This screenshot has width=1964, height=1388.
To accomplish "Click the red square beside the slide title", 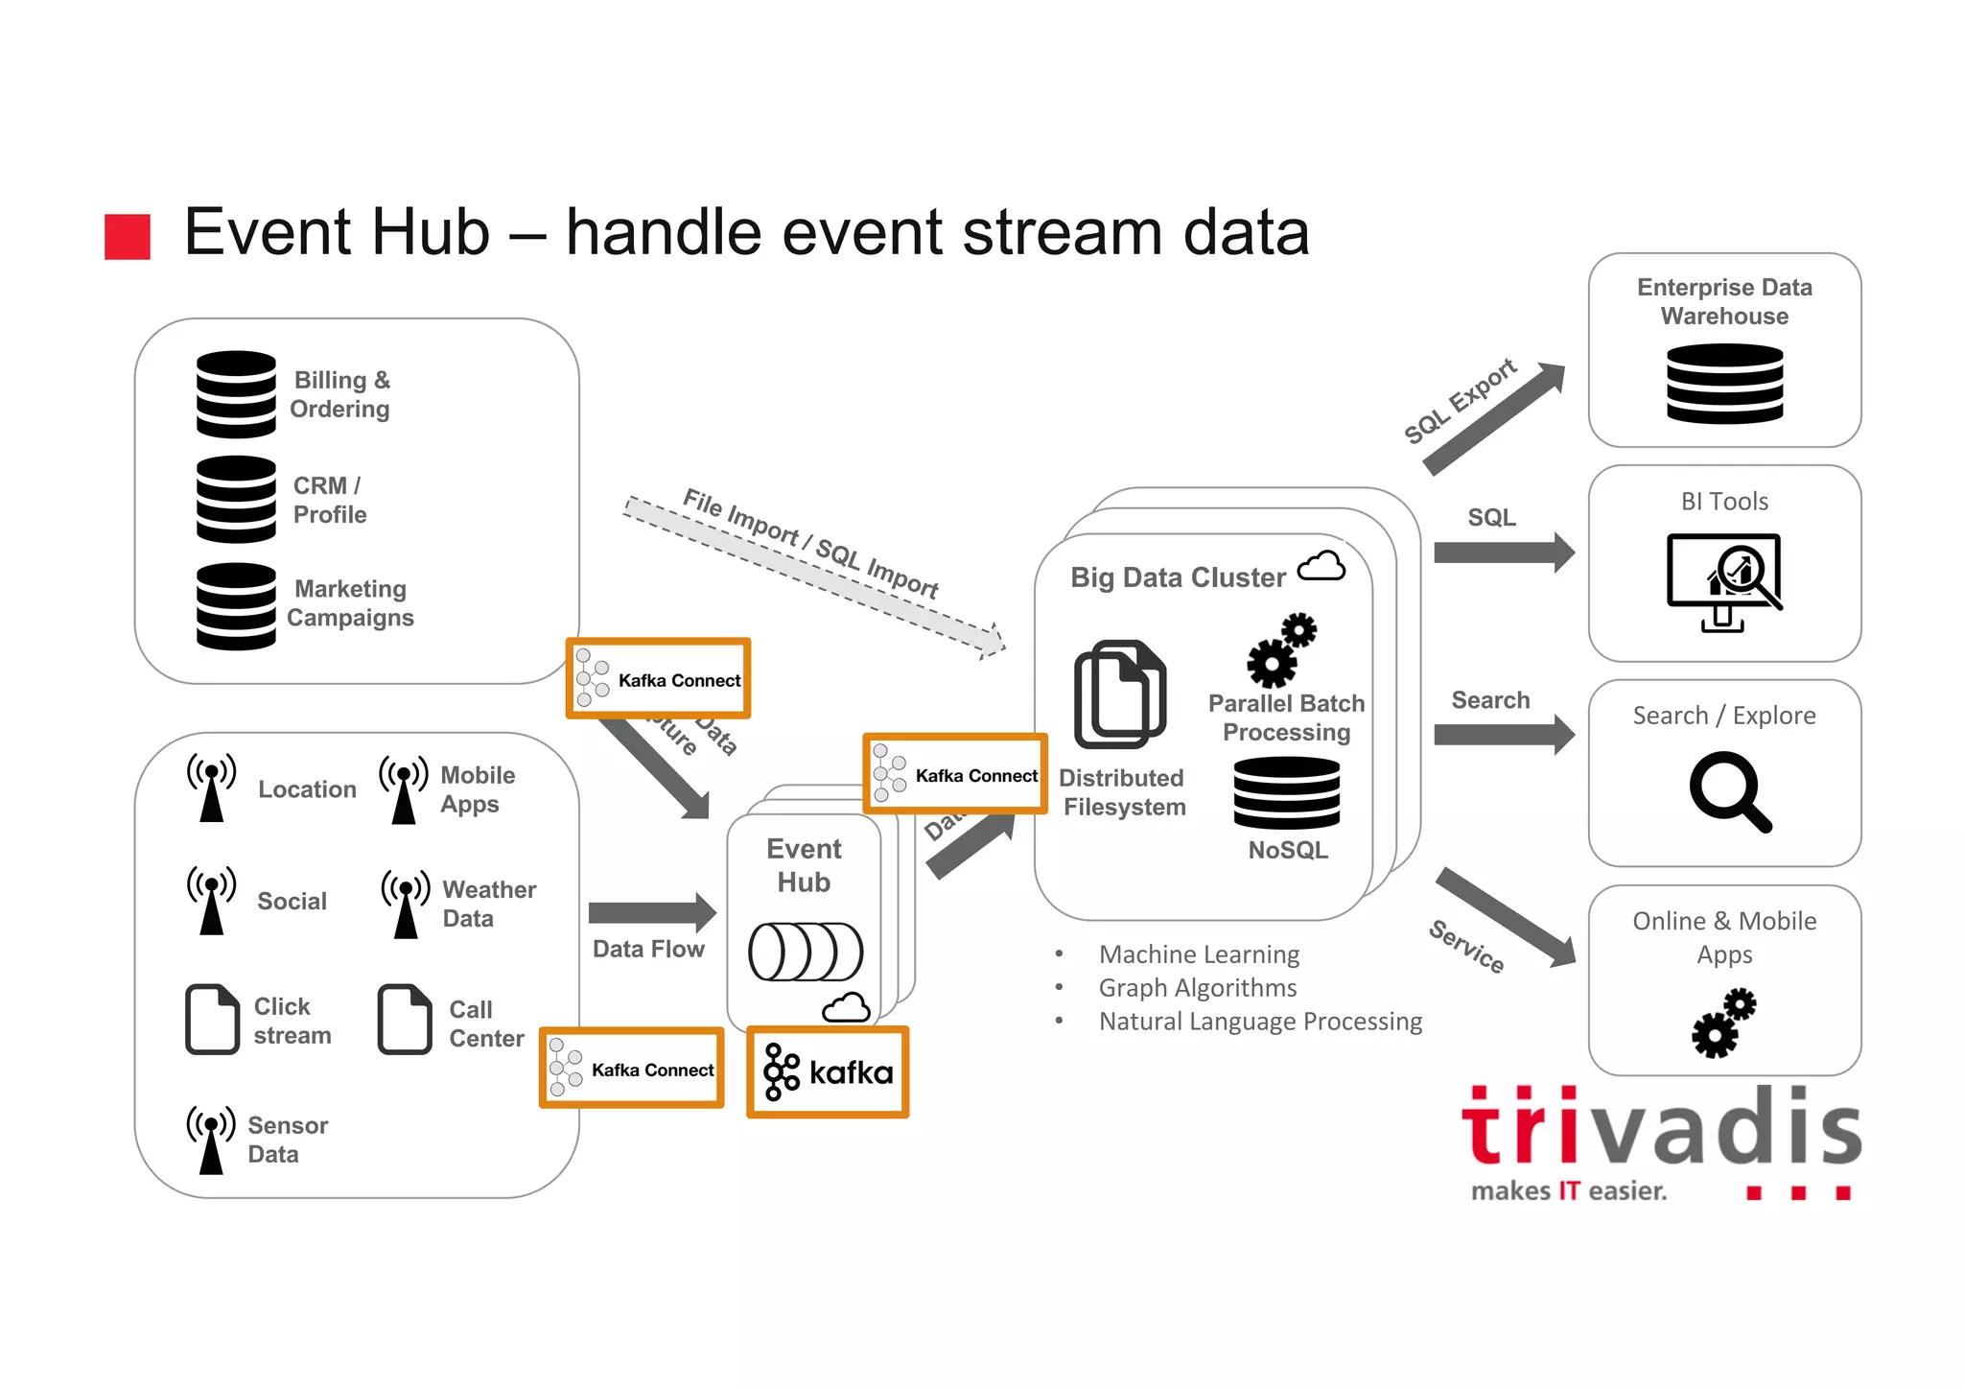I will (128, 237).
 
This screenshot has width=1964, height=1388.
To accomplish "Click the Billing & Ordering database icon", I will (236, 394).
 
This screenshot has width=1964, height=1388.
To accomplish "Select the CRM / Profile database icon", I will (236, 499).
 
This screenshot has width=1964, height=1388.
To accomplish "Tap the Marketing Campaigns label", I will (350, 603).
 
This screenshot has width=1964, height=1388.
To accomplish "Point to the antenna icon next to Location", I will (211, 788).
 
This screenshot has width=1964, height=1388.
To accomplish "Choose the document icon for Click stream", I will (212, 1019).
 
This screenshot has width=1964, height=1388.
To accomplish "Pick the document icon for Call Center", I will (405, 1019).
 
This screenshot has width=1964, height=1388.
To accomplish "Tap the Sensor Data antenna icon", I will (211, 1139).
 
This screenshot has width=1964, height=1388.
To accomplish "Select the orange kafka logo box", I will (828, 1071).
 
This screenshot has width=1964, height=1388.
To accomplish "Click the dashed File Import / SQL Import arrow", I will (814, 576).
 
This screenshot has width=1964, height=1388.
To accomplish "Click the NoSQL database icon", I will (1286, 793).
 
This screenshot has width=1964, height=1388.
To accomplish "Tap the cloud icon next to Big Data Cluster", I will (1321, 567).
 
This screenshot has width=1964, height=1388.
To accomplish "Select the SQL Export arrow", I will (1494, 418).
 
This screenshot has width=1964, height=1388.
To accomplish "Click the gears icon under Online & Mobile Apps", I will (1723, 1023).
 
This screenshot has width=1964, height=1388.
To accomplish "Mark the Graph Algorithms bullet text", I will (1197, 988).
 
